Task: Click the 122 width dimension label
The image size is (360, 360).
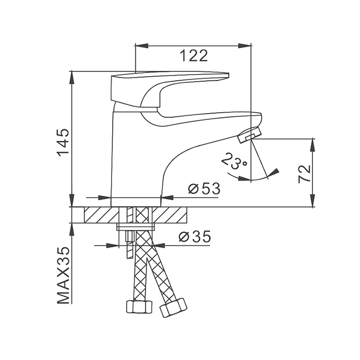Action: coord(193,56)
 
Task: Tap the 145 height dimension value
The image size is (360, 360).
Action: coord(63,142)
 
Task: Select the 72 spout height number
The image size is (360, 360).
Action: coord(304,174)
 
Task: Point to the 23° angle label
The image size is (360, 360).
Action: coord(234,161)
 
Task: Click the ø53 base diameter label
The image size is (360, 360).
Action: coord(204,189)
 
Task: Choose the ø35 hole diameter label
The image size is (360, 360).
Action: coord(194,237)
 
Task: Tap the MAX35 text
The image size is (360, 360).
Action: coord(63,276)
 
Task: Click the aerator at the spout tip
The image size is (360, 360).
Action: coord(249,135)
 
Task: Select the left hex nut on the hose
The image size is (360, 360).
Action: coord(139,307)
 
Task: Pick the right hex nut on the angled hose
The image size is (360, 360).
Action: coord(173,308)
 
